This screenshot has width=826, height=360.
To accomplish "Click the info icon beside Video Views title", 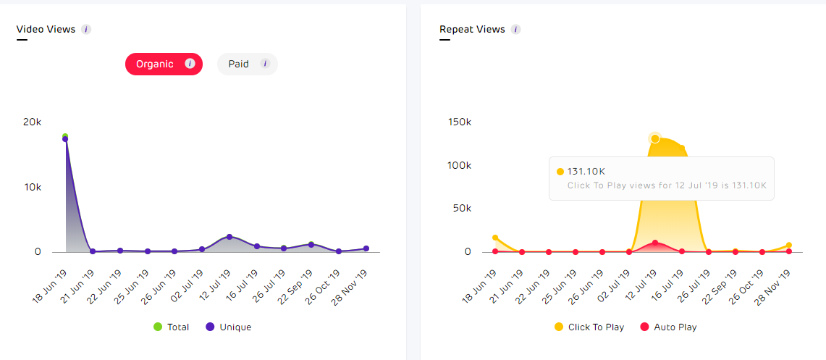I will (86, 30).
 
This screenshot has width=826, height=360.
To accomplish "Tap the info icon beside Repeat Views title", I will (515, 30).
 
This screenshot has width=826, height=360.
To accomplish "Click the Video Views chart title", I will (46, 30).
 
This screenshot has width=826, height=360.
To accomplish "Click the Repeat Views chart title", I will (471, 30).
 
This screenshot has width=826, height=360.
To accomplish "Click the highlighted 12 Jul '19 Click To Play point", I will (655, 138).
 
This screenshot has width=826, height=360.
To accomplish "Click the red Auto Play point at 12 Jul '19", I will (655, 243).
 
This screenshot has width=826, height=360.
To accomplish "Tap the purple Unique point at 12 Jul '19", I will (229, 237).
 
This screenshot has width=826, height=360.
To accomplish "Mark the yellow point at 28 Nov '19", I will (788, 246).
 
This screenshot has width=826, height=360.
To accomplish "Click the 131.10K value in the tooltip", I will (586, 172).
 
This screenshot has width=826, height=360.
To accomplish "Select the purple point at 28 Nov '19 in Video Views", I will (366, 248).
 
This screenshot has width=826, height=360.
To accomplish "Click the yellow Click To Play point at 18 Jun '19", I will (495, 238).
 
